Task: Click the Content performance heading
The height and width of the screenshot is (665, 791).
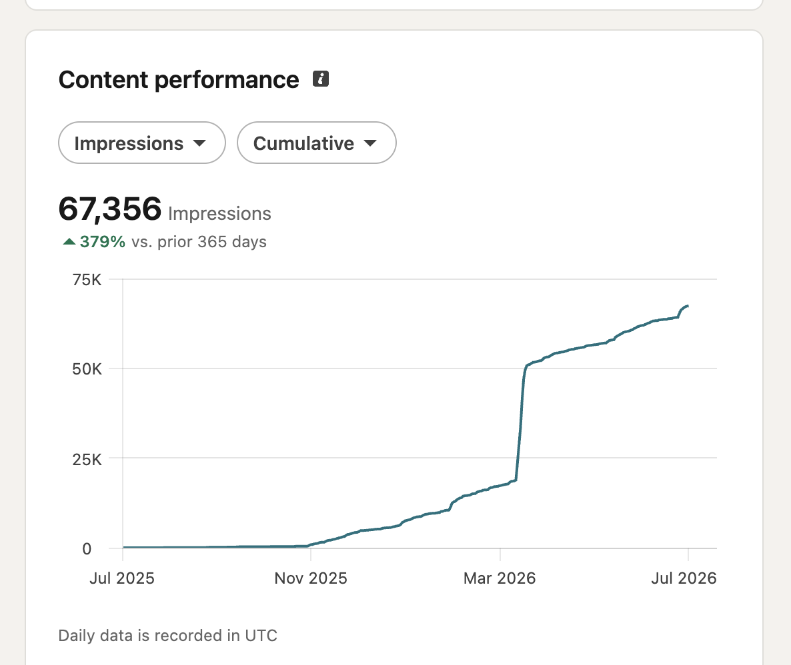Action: (179, 80)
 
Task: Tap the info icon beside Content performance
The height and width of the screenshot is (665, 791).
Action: (321, 79)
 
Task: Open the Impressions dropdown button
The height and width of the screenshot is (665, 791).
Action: (142, 143)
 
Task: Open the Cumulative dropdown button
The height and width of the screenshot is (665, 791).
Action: (316, 143)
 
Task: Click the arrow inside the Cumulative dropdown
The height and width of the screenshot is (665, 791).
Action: (370, 143)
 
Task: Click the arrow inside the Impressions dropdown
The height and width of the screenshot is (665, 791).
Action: (200, 143)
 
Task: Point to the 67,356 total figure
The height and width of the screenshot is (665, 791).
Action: (110, 209)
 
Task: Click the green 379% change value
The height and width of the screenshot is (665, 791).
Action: (103, 242)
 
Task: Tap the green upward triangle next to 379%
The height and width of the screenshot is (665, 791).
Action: (69, 241)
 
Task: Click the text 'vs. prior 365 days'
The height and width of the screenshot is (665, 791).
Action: (199, 242)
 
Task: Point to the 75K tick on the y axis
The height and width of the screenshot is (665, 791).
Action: (87, 280)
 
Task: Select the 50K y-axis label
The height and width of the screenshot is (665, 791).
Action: (87, 369)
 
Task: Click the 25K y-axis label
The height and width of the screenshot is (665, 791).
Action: (87, 459)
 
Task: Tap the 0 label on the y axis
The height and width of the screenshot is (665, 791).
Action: (87, 548)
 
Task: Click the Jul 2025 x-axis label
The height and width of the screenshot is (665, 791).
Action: (122, 578)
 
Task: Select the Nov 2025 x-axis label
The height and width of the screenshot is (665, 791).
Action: (311, 578)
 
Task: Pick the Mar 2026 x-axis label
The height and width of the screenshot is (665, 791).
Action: (500, 578)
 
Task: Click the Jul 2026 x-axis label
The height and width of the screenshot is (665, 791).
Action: (684, 578)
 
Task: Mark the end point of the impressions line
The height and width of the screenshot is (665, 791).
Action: (688, 306)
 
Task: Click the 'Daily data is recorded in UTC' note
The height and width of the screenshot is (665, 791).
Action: (168, 635)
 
